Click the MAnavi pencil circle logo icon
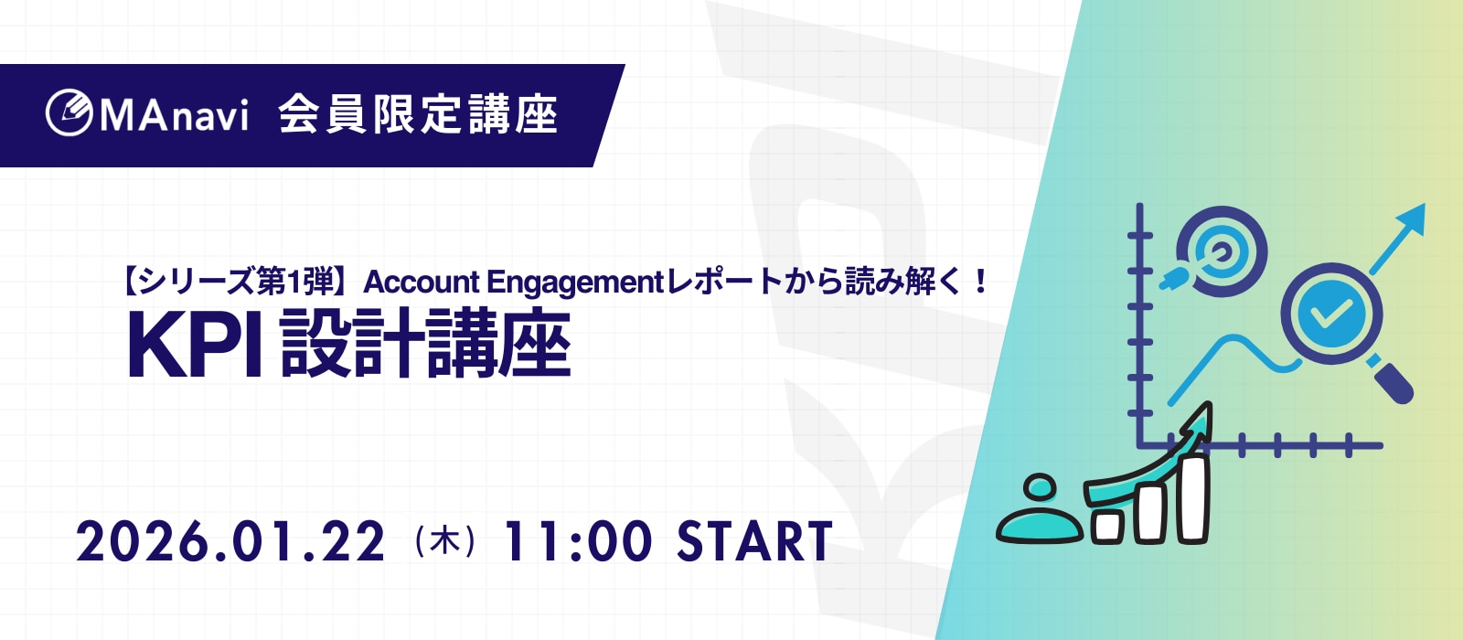tap(69, 113)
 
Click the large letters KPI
tap(194, 345)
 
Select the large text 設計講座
tap(426, 344)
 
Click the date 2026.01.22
tap(230, 541)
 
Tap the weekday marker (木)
tap(444, 541)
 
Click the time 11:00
tap(578, 541)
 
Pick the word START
tap(754, 541)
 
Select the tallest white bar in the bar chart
tap(1194, 498)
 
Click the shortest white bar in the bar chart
tap(1107, 526)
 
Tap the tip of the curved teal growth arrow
tap(1211, 403)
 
